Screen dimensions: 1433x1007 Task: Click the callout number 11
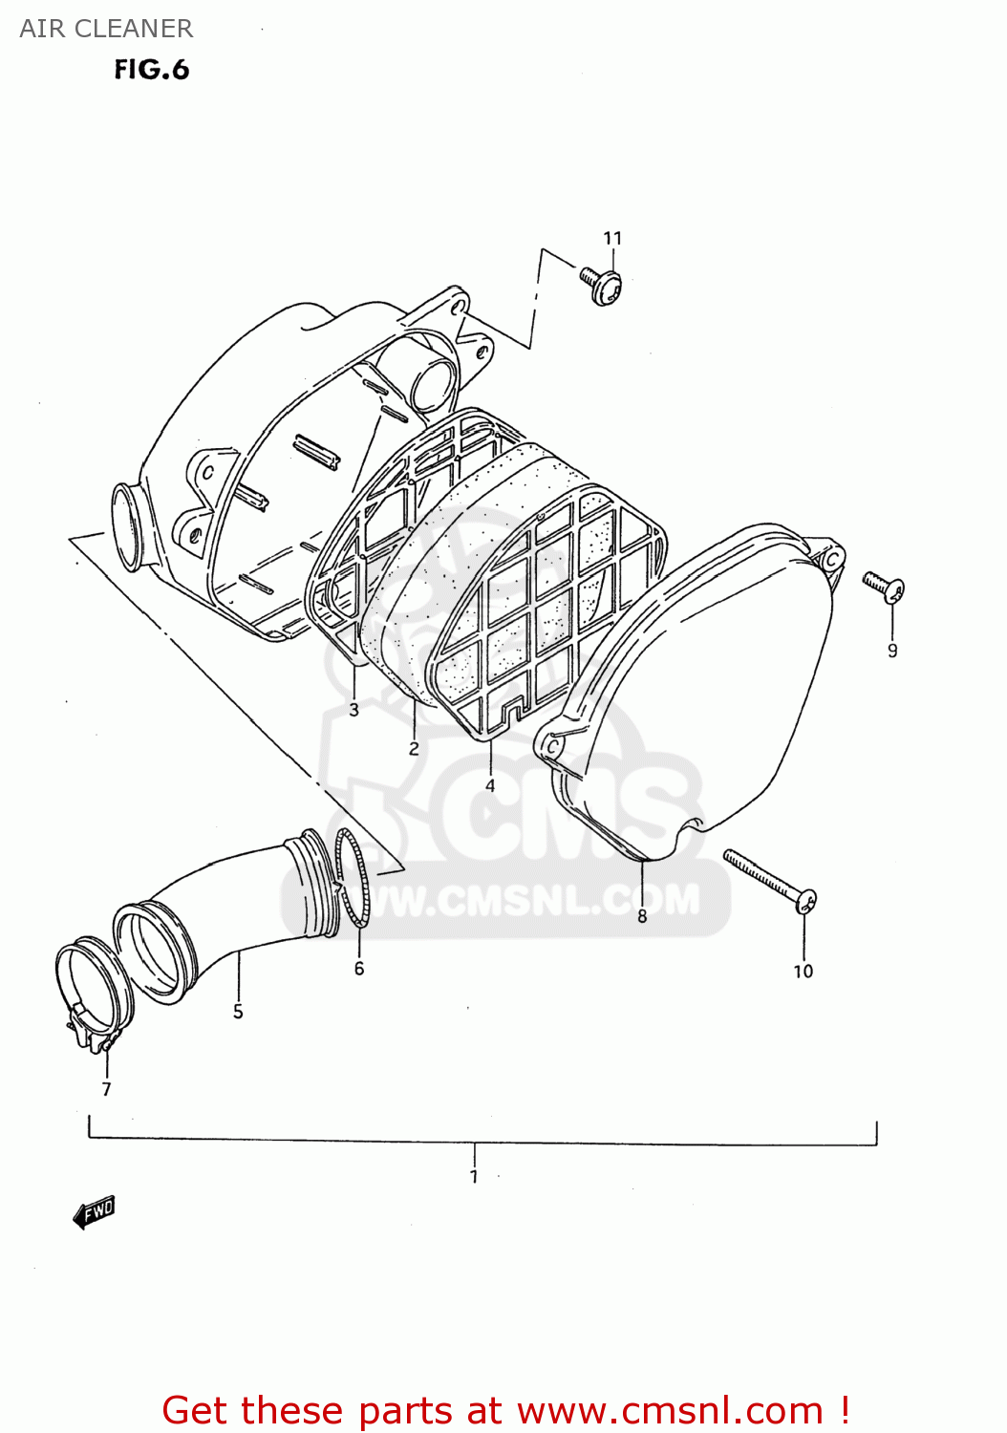612,238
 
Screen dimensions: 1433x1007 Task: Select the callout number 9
892,651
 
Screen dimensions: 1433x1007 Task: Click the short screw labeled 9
884,586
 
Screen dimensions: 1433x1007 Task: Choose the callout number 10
803,971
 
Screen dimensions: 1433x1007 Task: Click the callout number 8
642,916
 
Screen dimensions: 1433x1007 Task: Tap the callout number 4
490,785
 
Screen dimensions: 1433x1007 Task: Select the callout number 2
414,748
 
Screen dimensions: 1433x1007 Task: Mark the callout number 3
354,710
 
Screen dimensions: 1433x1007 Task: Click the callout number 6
359,968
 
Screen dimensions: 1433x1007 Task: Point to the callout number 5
238,1011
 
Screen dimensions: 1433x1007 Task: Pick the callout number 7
106,1088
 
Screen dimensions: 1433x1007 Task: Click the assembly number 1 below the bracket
474,1176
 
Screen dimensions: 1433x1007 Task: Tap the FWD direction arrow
94,1212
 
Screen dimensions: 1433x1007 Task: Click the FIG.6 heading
152,70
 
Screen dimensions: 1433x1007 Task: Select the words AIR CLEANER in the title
106,29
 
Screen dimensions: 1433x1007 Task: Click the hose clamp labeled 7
91,994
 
